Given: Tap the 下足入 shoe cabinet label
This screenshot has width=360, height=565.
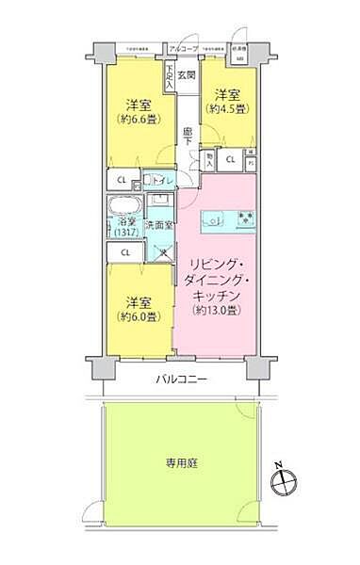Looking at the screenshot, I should click(x=169, y=78).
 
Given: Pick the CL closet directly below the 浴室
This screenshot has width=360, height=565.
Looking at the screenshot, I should click(x=124, y=251).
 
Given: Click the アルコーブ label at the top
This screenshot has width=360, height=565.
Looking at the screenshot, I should click(x=181, y=47).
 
